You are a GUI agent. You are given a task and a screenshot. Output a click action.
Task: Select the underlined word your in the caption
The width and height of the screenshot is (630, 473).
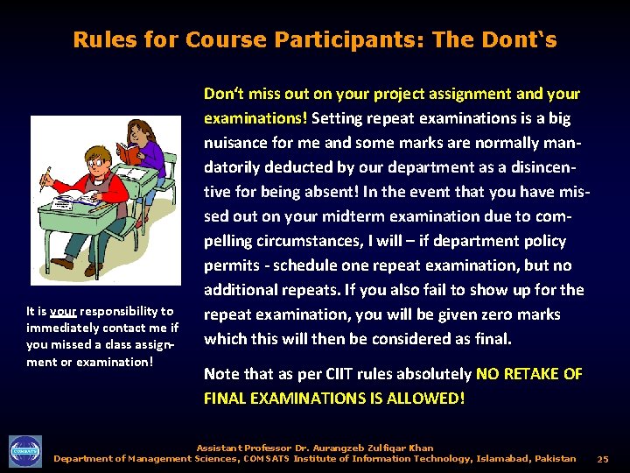[63, 311]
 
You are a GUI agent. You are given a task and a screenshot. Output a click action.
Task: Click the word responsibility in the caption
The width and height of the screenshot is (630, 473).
[127, 311]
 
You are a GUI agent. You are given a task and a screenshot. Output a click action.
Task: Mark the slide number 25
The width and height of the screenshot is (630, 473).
[602, 459]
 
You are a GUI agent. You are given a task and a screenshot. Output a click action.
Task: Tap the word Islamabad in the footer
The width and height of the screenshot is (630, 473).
[501, 459]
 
